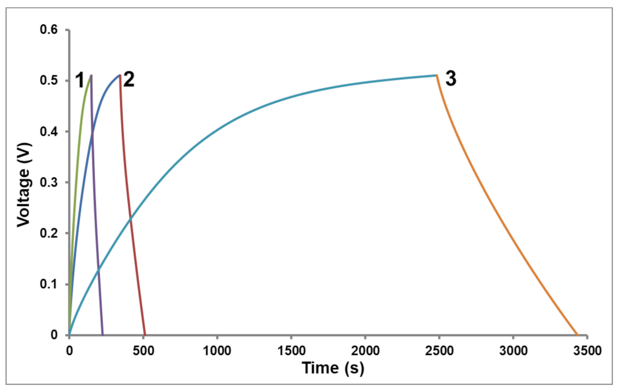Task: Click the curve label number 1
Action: (x=80, y=81)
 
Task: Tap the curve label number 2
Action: (x=128, y=80)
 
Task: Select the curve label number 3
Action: (x=451, y=80)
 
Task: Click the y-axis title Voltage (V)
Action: (x=22, y=184)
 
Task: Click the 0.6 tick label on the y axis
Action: (x=49, y=30)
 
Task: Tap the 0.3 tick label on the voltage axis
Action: (x=49, y=183)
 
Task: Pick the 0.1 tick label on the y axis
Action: (x=49, y=284)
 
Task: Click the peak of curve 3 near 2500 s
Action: (x=436, y=75)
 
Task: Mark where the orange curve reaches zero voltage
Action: (x=577, y=335)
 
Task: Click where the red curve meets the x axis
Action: (x=145, y=335)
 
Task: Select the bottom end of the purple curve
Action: (x=103, y=335)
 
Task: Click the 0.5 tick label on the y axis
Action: (x=49, y=81)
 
